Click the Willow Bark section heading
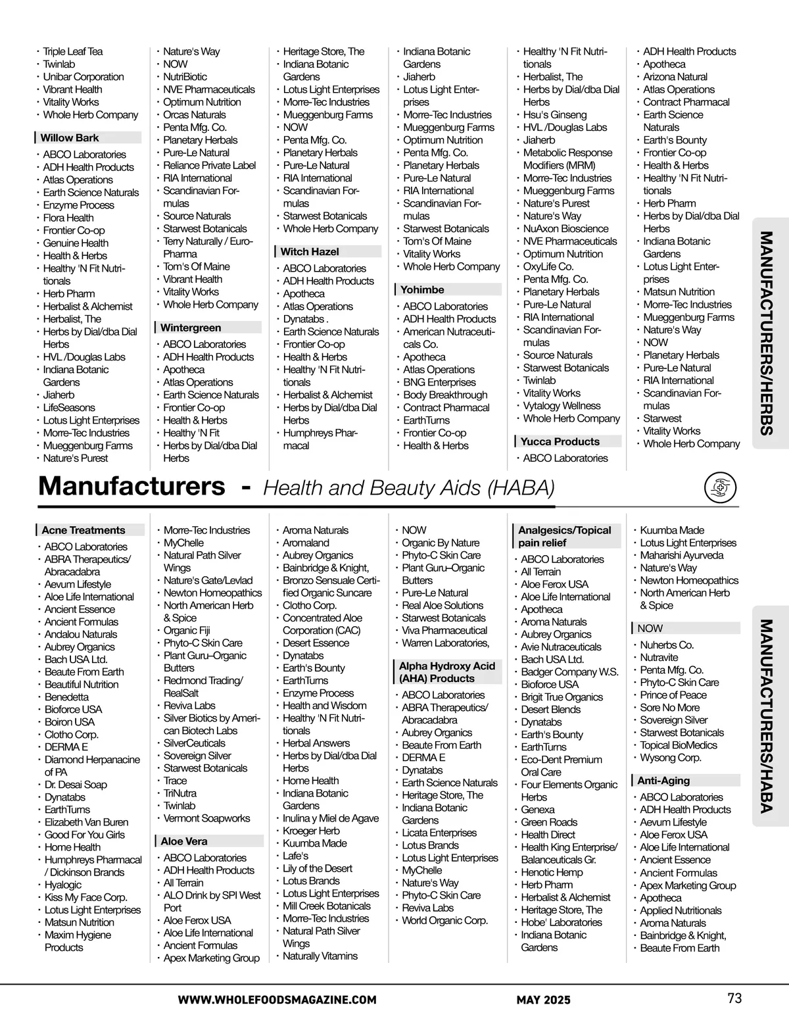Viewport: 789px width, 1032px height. pyautogui.click(x=70, y=138)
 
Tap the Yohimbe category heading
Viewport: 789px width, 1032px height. pyautogui.click(x=422, y=290)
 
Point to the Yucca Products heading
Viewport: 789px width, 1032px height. pyautogui.click(x=560, y=442)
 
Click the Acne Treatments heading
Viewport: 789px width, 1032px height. pyautogui.click(x=83, y=530)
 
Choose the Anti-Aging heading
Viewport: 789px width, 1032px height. pyautogui.click(x=663, y=781)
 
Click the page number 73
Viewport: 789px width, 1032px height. pyautogui.click(x=734, y=998)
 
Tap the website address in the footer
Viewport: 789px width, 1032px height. pyautogui.click(x=277, y=1000)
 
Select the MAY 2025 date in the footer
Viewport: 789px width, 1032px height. pyautogui.click(x=543, y=1000)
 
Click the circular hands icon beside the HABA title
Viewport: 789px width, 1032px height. pyautogui.click(x=719, y=488)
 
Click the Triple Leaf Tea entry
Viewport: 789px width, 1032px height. pyautogui.click(x=73, y=51)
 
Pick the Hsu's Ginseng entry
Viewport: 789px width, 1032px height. pyautogui.click(x=555, y=114)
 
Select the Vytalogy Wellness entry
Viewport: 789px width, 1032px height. pyautogui.click(x=562, y=406)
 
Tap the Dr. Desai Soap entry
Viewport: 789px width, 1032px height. pyautogui.click(x=76, y=785)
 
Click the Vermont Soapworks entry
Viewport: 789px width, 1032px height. pyautogui.click(x=206, y=818)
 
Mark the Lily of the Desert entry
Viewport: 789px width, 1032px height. pyautogui.click(x=318, y=868)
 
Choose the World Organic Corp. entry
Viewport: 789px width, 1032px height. pyautogui.click(x=445, y=920)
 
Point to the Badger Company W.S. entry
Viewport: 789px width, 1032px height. pyautogui.click(x=569, y=672)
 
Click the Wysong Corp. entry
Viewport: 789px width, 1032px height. pyautogui.click(x=671, y=758)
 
